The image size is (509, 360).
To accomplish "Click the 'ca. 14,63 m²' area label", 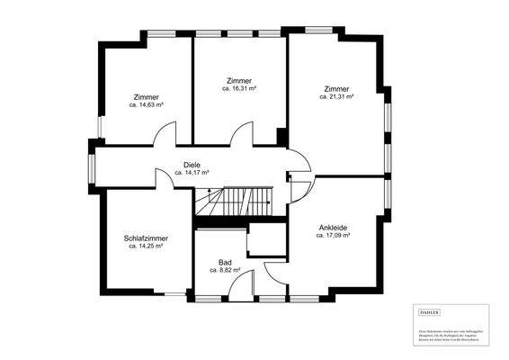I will [146, 105].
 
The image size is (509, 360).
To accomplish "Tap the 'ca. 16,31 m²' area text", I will [239, 89].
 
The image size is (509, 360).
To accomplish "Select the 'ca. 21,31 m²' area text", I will [336, 97].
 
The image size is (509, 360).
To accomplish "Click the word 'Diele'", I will [192, 165].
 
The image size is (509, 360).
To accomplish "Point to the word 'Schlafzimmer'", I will [147, 238].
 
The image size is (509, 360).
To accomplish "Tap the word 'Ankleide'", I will [333, 228].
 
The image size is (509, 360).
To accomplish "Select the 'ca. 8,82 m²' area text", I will [225, 269].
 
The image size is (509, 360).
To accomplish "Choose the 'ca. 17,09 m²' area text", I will [333, 236].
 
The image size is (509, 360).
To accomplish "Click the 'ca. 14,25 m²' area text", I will [147, 246].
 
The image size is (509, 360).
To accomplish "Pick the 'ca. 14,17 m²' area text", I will [192, 173].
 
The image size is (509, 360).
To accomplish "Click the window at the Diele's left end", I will [92, 166].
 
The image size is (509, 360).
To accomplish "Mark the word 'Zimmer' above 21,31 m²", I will [336, 89].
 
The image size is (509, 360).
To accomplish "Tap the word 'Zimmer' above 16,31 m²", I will [239, 81].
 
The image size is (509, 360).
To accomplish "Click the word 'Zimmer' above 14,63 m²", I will [146, 97].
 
